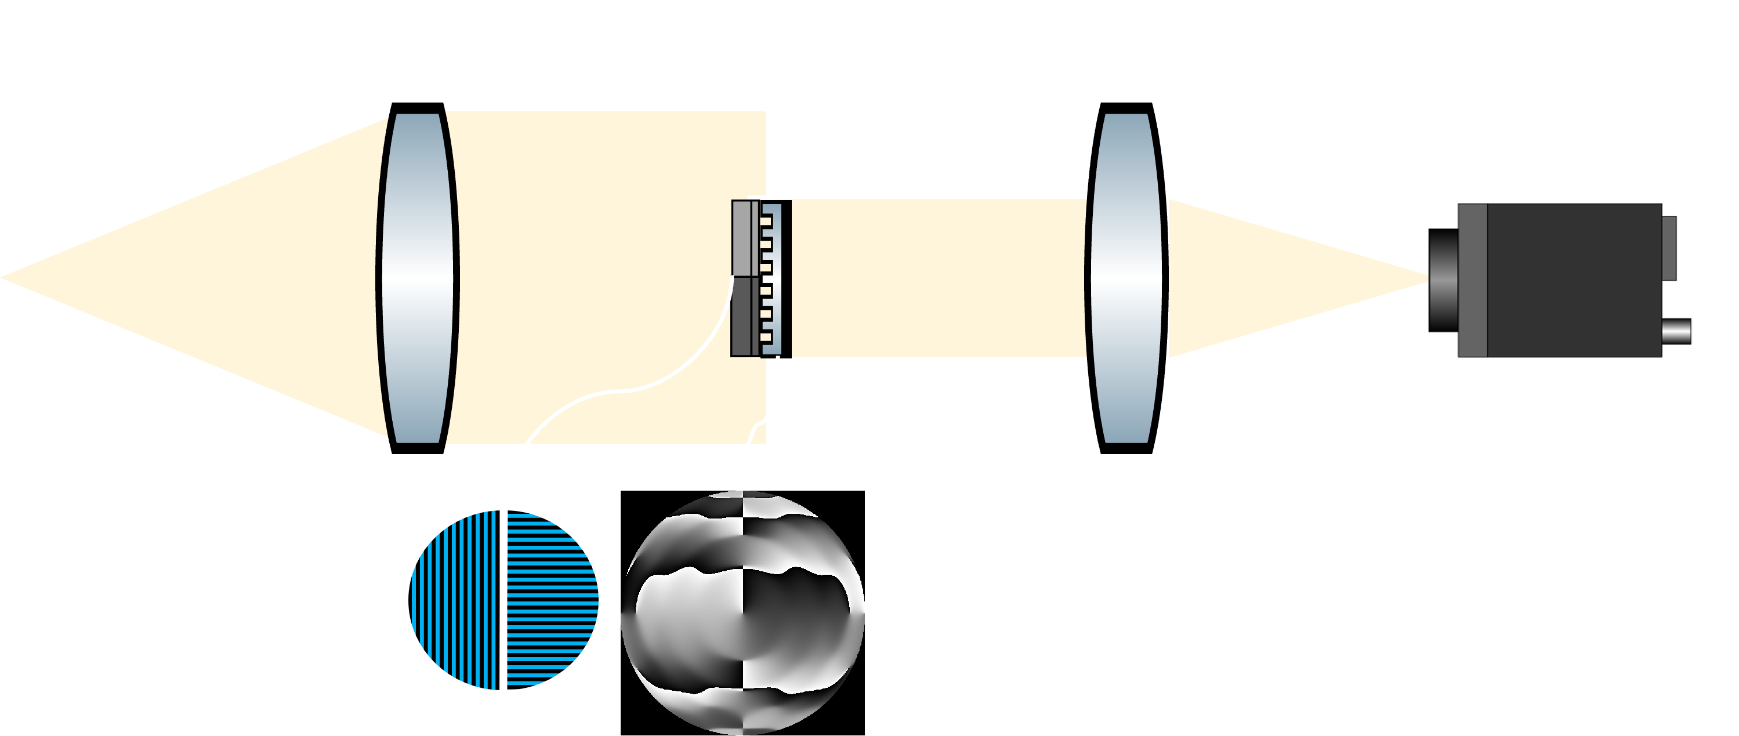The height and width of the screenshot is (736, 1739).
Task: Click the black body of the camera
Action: coord(1573,280)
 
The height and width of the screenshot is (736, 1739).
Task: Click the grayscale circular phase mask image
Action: coord(742,613)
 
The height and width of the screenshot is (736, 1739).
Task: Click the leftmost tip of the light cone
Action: coord(4,277)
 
